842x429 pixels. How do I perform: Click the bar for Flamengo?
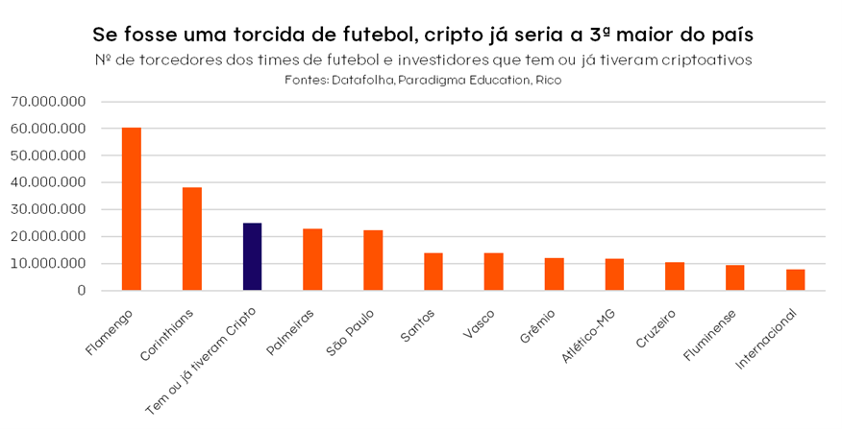click(132, 208)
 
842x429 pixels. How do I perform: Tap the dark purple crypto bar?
click(252, 256)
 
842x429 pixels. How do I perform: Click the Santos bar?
click(433, 272)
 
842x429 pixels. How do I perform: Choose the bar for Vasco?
click(493, 272)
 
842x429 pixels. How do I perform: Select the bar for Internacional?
click(795, 279)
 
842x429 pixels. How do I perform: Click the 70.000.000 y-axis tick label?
click(48, 102)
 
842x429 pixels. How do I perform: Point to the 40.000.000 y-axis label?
click(48, 182)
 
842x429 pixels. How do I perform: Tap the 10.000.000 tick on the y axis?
click(48, 263)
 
